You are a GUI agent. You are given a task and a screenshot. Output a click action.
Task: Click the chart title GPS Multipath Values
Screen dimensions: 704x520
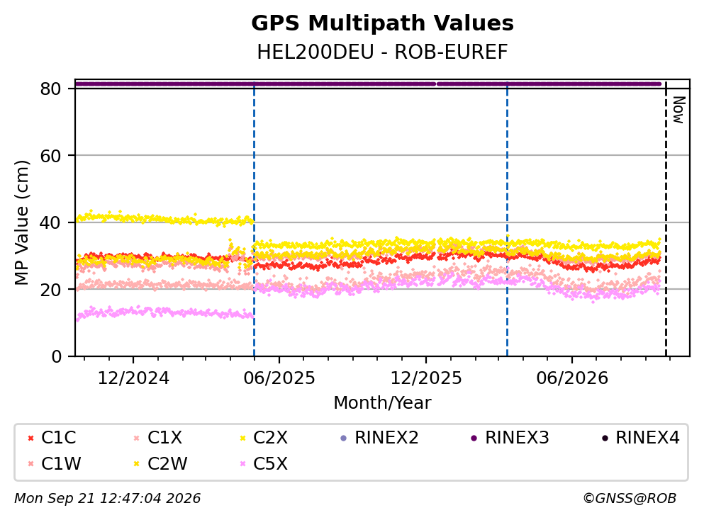point(382,23)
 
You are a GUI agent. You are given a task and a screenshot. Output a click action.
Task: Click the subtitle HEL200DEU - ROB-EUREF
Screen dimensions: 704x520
point(382,52)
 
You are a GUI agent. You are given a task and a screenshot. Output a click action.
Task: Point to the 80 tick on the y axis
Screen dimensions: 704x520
point(50,89)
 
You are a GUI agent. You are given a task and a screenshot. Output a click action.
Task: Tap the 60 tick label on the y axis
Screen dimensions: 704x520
point(50,156)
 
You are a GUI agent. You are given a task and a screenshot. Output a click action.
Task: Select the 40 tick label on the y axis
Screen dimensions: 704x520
point(50,222)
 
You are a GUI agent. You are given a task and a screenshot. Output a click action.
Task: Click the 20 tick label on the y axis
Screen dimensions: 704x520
point(50,289)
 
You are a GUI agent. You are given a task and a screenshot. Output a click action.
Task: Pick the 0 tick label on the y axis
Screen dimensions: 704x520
point(56,356)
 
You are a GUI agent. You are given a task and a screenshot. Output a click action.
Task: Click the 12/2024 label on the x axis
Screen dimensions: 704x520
point(133,378)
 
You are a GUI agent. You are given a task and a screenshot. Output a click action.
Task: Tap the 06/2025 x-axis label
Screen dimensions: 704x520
point(279,378)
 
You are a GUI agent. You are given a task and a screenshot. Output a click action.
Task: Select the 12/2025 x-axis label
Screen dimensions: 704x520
point(425,378)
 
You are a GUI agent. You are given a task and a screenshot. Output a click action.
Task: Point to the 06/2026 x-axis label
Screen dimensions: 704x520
point(572,378)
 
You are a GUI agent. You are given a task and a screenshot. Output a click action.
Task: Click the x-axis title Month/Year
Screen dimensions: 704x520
point(382,403)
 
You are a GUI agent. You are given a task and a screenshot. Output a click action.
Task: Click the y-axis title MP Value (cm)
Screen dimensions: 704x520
point(21,222)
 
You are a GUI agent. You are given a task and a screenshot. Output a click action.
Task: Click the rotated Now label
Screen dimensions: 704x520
point(679,110)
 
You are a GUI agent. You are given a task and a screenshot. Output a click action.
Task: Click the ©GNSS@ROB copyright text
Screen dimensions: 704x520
point(630,498)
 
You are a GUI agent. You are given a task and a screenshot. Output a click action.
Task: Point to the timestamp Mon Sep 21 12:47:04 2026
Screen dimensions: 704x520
point(108,498)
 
